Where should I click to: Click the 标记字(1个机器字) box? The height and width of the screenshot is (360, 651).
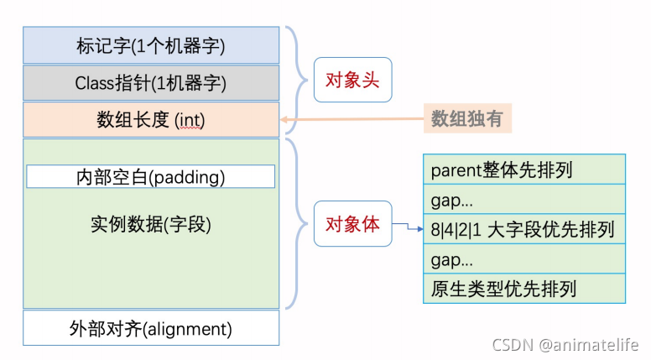[x=151, y=44]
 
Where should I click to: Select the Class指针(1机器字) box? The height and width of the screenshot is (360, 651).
[x=151, y=83]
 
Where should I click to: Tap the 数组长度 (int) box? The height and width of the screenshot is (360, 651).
[x=151, y=120]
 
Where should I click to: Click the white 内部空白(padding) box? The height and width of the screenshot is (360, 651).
[x=151, y=177]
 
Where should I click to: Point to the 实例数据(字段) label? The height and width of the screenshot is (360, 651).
[x=151, y=225]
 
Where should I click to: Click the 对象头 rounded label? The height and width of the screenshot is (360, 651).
[x=352, y=81]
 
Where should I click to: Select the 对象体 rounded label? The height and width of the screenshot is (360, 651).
[x=352, y=224]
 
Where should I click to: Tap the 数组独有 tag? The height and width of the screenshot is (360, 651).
[x=467, y=119]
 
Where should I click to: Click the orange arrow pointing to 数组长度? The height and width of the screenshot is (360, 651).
[x=352, y=120]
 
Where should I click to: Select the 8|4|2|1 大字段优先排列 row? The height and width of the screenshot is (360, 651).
[x=524, y=229]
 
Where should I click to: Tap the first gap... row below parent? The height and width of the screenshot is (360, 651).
[x=524, y=200]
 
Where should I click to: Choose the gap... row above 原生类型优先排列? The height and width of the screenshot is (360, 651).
[x=524, y=259]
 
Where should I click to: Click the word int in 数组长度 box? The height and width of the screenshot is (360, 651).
[x=190, y=121]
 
